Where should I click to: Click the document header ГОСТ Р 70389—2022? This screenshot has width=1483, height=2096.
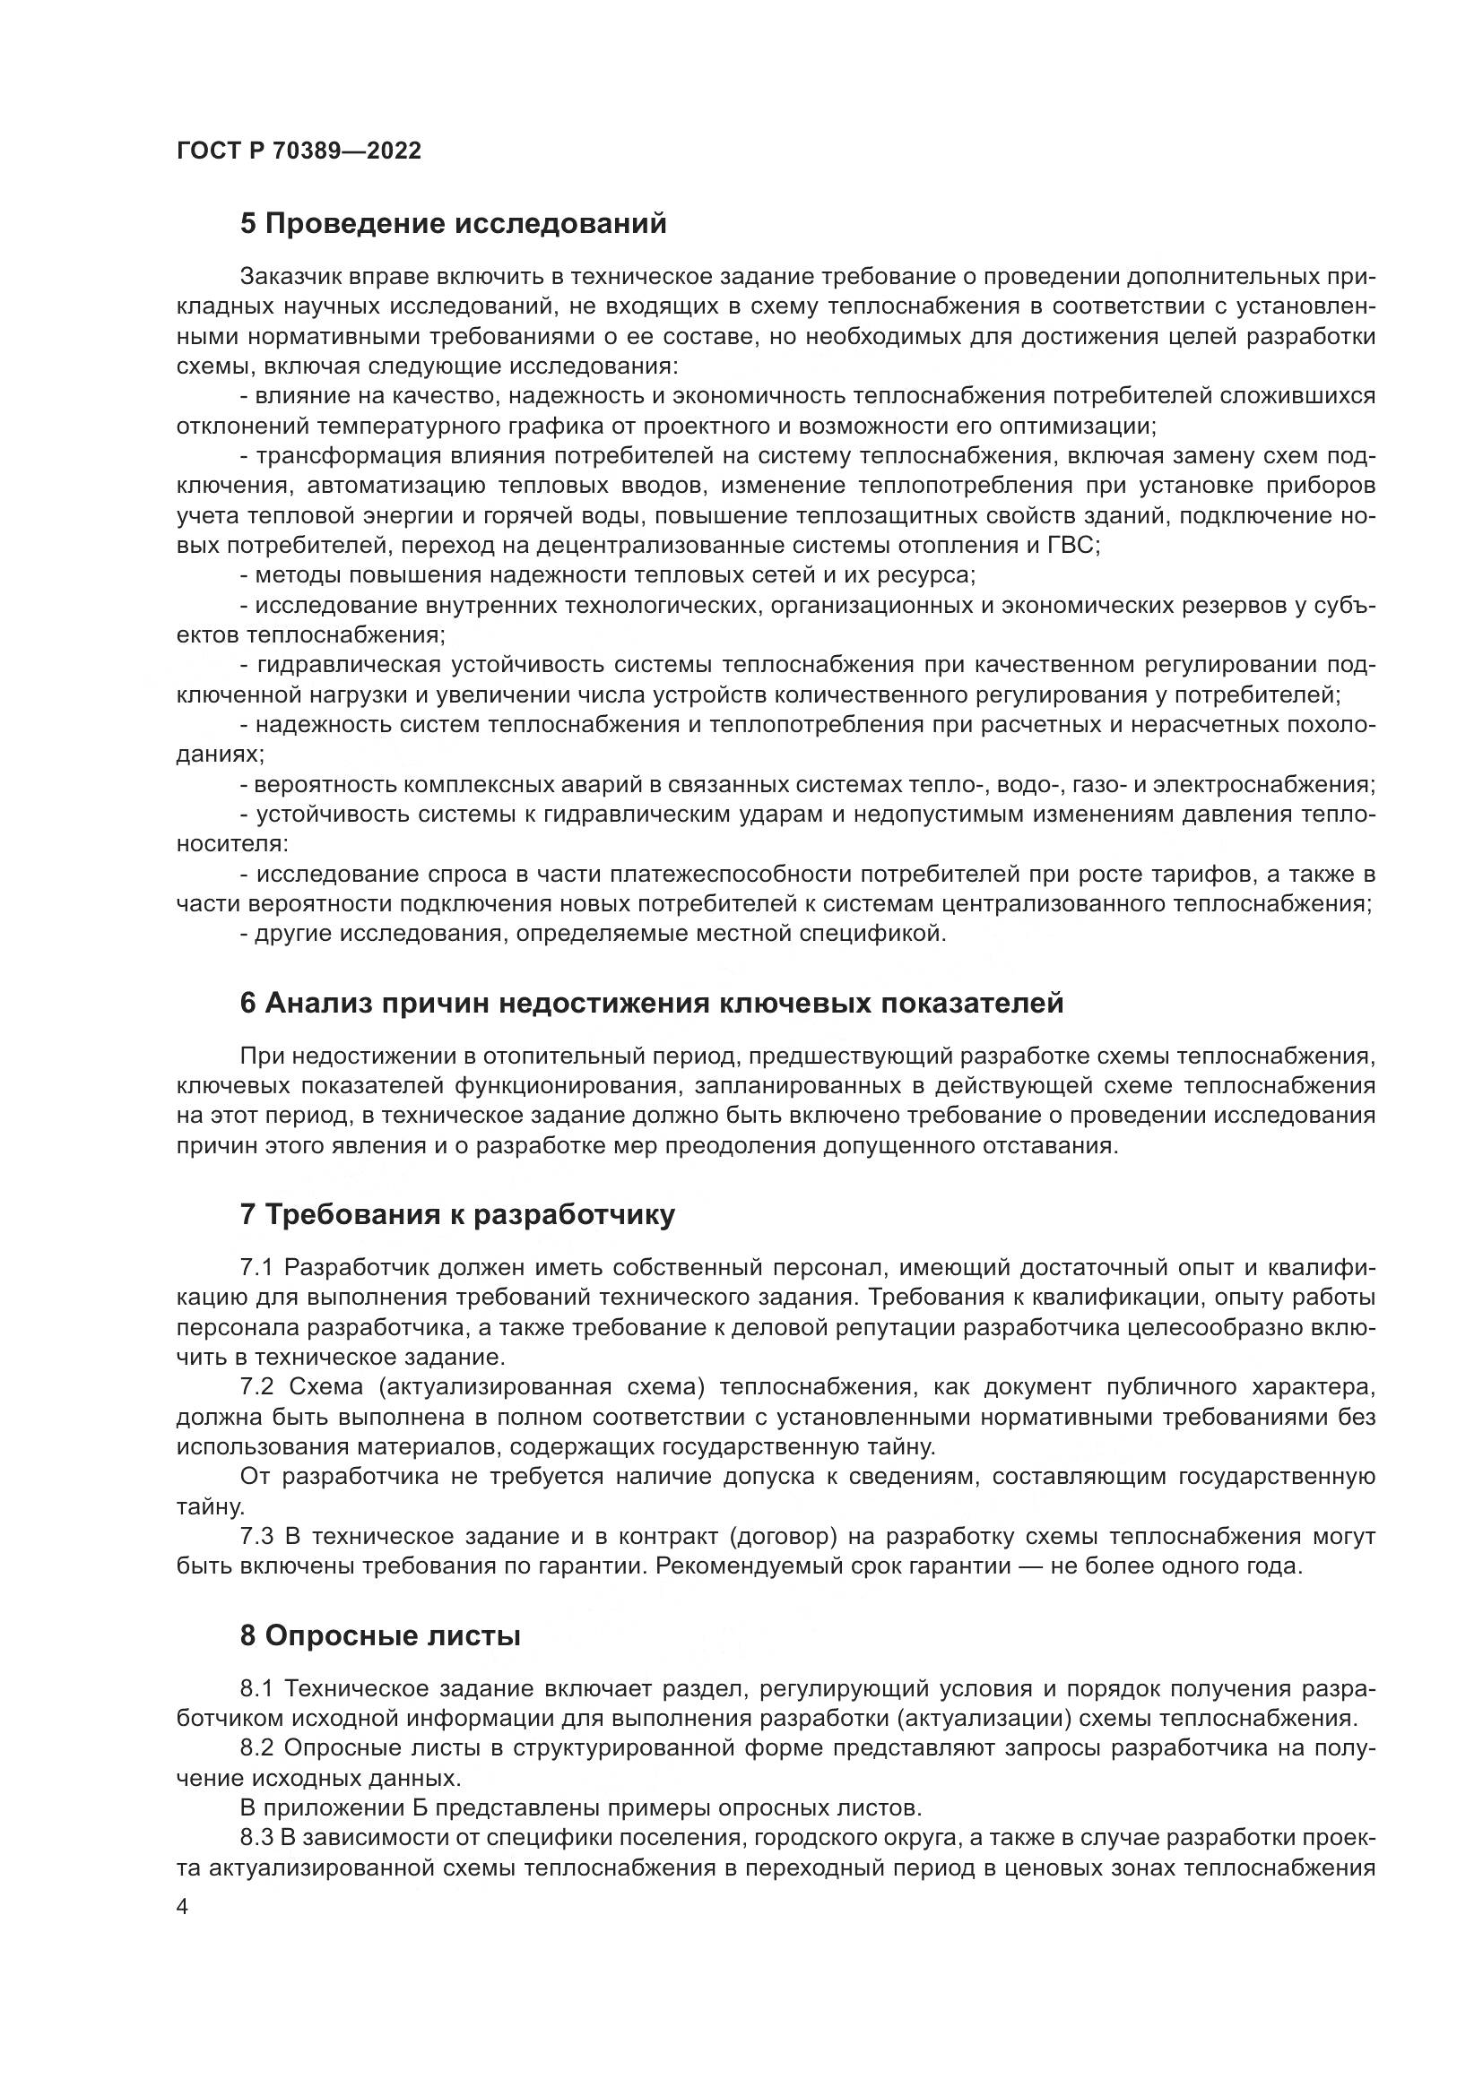(x=299, y=151)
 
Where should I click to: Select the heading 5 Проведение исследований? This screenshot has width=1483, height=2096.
(x=453, y=224)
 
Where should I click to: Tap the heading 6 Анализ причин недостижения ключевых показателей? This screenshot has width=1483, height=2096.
(x=651, y=1004)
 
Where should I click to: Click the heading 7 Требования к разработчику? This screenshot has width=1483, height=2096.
(x=456, y=1215)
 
